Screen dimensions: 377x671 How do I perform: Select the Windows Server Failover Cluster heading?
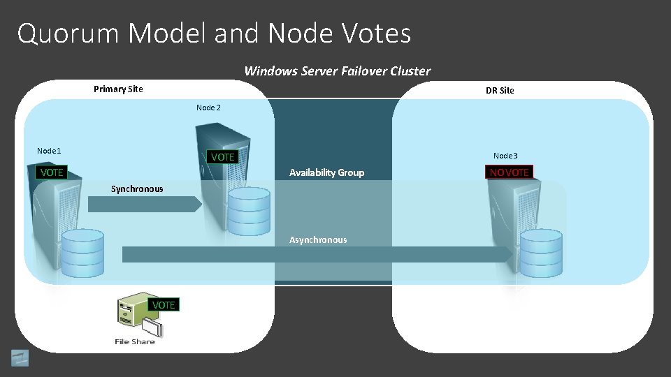pos(337,71)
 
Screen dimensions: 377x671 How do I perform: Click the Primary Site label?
pos(118,89)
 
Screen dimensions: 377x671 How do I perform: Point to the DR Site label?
pos(500,90)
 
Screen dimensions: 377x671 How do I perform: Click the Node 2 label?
pos(208,108)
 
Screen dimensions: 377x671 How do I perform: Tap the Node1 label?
pos(49,151)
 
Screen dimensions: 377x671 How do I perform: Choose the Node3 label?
pos(505,156)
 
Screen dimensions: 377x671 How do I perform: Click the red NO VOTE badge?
pos(509,172)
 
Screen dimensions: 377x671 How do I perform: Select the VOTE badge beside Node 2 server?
pos(222,157)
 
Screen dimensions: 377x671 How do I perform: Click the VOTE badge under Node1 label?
pos(51,172)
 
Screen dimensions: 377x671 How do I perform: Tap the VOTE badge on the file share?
pos(164,305)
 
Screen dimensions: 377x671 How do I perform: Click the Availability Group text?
pos(326,172)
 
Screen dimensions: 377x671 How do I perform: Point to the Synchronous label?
pos(137,188)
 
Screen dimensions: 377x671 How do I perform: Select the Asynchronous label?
pos(318,239)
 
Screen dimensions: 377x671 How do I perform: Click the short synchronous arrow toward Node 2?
pos(144,204)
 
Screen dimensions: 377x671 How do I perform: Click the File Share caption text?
pos(135,341)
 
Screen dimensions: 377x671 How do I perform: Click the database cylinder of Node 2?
pos(248,209)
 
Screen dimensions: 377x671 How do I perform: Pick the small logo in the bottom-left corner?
pos(20,357)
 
